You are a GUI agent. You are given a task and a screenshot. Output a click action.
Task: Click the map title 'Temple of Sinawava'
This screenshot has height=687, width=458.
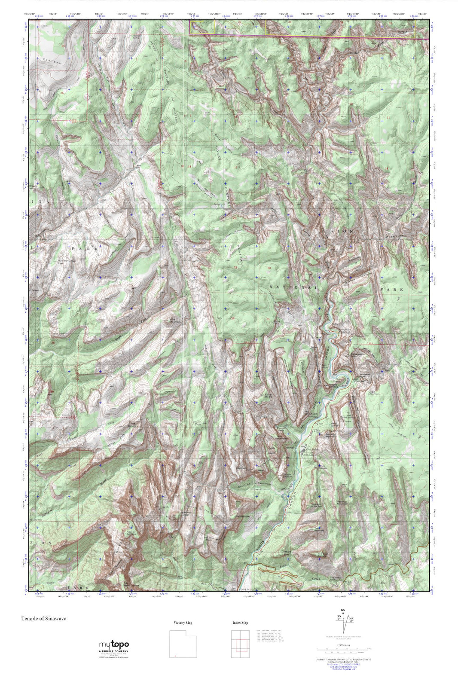(44, 619)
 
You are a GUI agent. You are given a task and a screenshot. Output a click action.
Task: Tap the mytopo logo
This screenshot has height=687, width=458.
(114, 644)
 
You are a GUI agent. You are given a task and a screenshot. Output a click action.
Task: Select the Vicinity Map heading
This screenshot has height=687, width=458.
(183, 623)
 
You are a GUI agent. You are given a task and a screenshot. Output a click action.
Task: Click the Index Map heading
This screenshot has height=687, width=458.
(240, 623)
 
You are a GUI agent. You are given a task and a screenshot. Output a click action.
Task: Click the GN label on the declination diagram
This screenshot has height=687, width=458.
(342, 610)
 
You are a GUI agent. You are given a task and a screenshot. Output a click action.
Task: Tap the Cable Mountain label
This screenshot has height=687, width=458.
(374, 393)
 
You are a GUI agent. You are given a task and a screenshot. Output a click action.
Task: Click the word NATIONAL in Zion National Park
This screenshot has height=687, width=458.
(294, 287)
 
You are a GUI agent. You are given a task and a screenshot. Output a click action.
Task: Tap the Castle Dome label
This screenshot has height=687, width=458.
(269, 395)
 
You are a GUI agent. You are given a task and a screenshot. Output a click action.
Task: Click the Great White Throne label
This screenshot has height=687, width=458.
(346, 414)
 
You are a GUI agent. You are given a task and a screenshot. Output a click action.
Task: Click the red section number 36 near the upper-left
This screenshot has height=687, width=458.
(63, 93)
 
